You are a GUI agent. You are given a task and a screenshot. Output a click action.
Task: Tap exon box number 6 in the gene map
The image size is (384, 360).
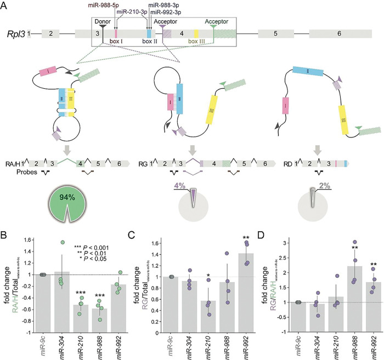339,34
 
